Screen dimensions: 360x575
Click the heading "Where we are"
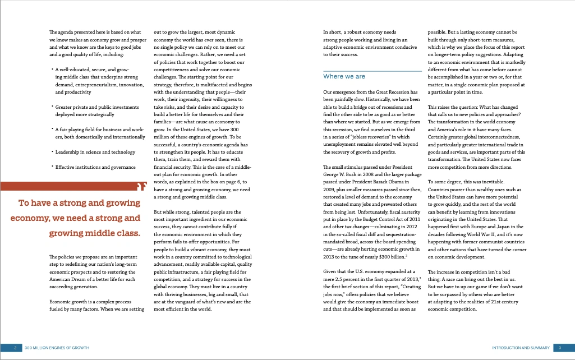(344, 76)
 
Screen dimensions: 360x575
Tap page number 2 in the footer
(15, 348)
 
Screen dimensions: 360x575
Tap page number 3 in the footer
(560, 348)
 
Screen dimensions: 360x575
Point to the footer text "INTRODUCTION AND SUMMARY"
(521, 348)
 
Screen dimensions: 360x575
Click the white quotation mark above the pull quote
(141, 186)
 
